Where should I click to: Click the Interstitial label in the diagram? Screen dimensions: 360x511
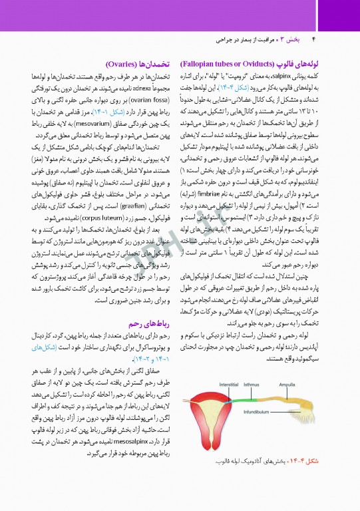(x=229, y=384)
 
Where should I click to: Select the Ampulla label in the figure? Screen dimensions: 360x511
(x=287, y=384)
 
